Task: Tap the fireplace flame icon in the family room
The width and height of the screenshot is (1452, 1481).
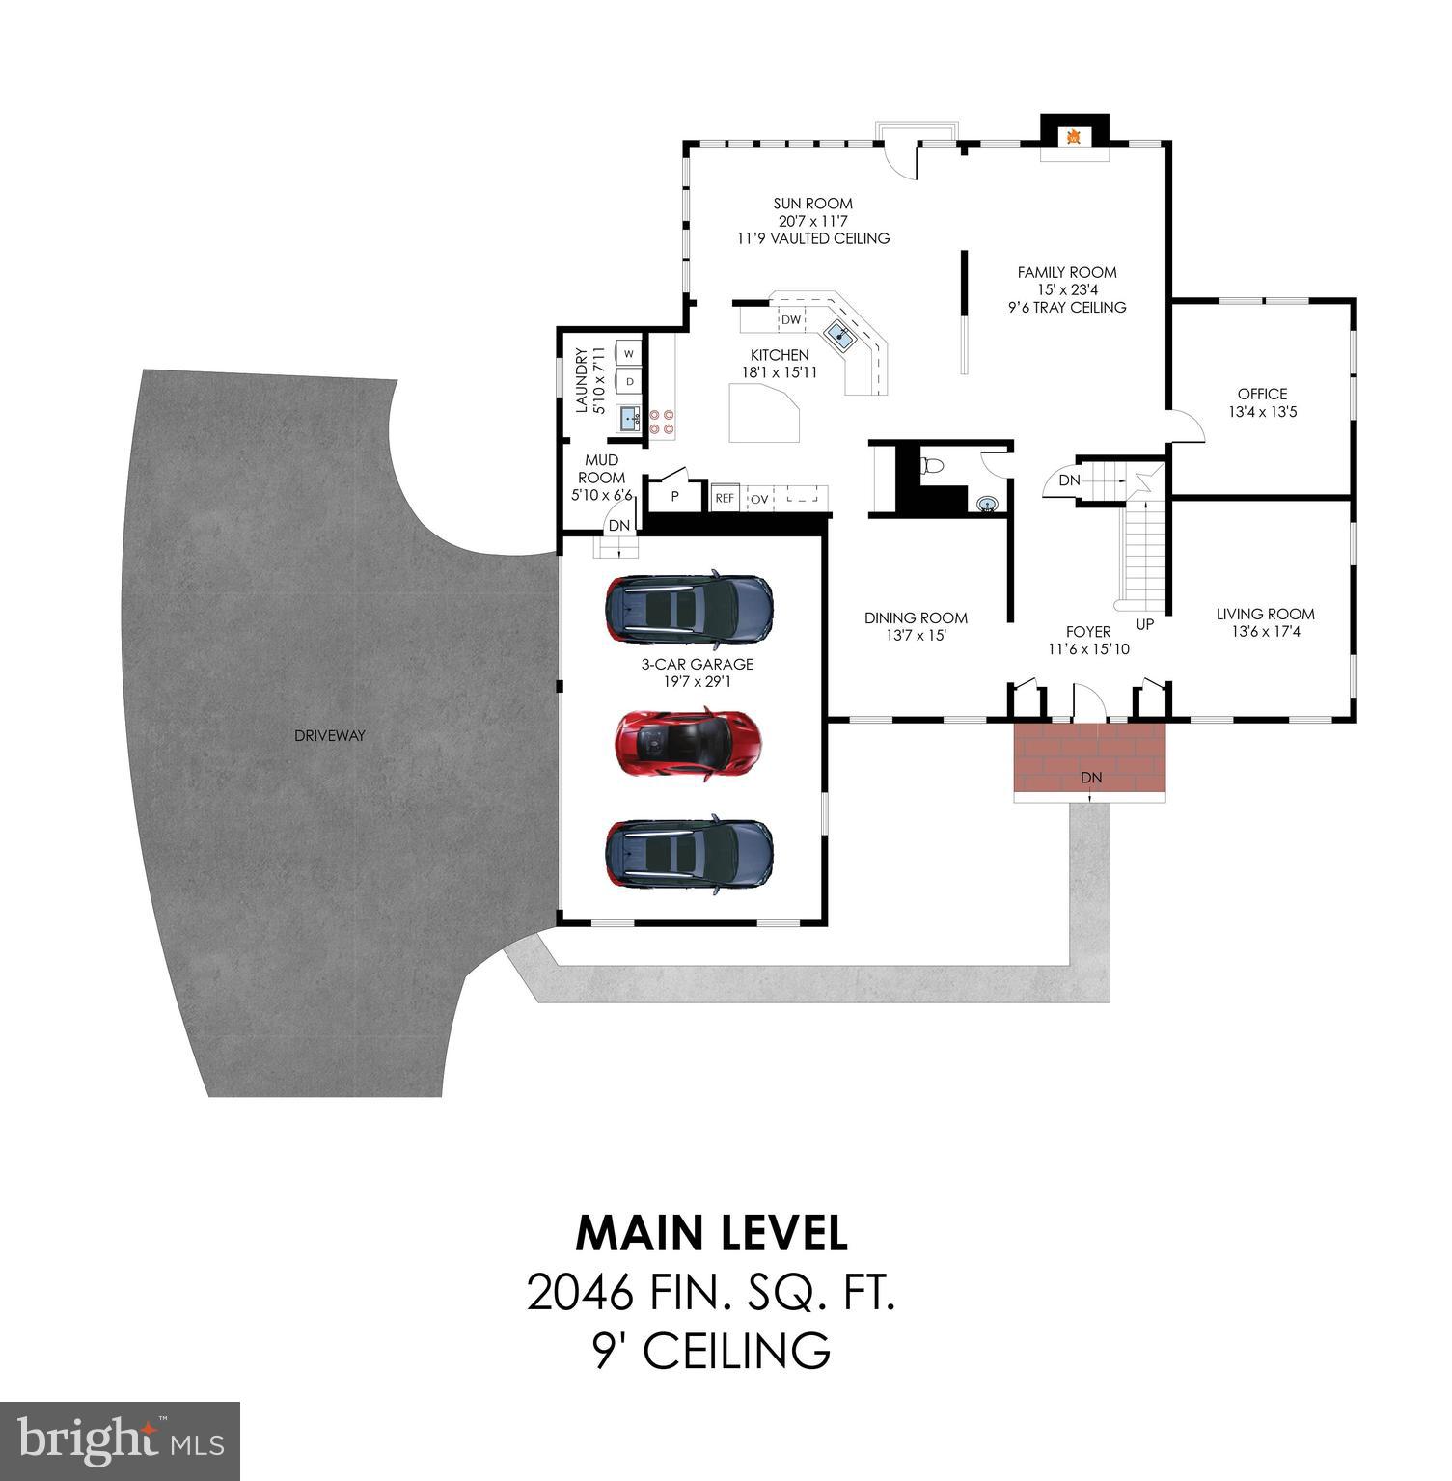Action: coord(1072,137)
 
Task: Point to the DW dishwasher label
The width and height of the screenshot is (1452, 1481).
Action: coord(790,319)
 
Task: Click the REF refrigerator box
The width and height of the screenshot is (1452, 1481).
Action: coord(724,498)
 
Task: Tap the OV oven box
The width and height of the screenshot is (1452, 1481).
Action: coord(760,498)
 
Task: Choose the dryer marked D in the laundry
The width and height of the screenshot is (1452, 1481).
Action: coord(630,381)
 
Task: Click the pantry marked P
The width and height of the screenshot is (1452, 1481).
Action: coord(674,496)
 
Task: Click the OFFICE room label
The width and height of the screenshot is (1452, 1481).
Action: coord(1262,394)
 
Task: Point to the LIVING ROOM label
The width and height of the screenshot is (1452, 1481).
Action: coord(1265,614)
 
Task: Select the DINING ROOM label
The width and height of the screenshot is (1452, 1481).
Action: coord(915,617)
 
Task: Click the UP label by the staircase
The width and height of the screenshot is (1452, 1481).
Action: coord(1144,624)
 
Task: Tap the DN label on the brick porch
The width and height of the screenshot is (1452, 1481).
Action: coord(1090,777)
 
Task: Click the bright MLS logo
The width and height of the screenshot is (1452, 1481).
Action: coord(121,1441)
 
